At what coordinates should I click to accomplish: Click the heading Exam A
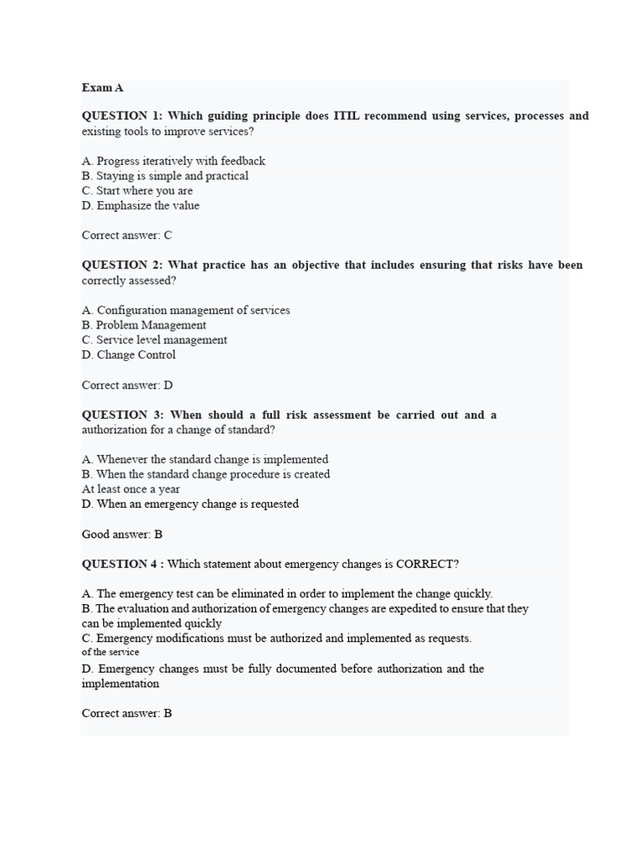click(x=103, y=87)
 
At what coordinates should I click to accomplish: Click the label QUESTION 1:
click(x=122, y=116)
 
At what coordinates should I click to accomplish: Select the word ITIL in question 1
click(x=352, y=116)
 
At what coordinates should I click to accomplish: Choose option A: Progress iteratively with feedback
click(x=173, y=161)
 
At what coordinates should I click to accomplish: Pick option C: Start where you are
click(x=137, y=191)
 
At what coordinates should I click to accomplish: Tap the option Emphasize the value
click(x=141, y=206)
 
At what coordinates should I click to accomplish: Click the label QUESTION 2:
click(x=122, y=266)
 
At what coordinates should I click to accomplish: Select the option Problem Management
click(x=144, y=325)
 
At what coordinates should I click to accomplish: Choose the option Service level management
click(x=154, y=340)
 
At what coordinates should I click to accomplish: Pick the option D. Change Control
click(x=129, y=355)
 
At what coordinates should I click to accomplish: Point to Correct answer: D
click(x=127, y=385)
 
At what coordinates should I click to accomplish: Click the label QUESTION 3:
click(x=123, y=416)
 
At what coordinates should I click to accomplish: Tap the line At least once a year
click(x=131, y=489)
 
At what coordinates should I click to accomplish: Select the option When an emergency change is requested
click(x=190, y=504)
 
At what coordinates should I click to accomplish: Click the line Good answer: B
click(x=122, y=535)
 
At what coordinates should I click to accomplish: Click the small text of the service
click(x=111, y=653)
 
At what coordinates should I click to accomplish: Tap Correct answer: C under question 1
click(x=127, y=236)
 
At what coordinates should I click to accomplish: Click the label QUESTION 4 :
click(x=122, y=564)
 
